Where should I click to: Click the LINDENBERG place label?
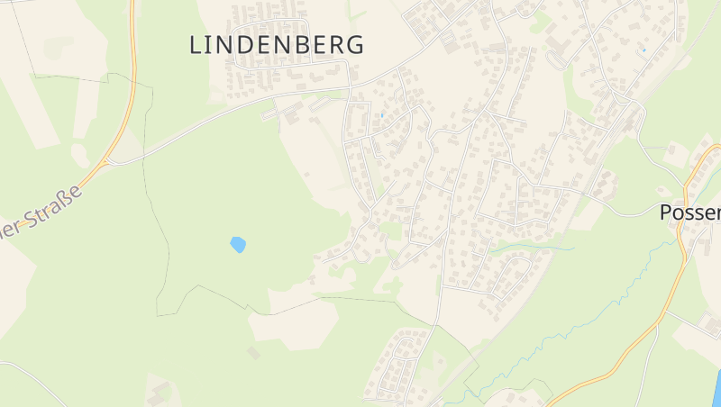[277, 45]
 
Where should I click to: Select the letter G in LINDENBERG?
[354, 45]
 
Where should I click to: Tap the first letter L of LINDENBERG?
[196, 45]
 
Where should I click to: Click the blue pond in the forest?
[238, 244]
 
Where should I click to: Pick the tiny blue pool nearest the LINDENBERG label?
[382, 115]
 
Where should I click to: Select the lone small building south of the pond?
[253, 353]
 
